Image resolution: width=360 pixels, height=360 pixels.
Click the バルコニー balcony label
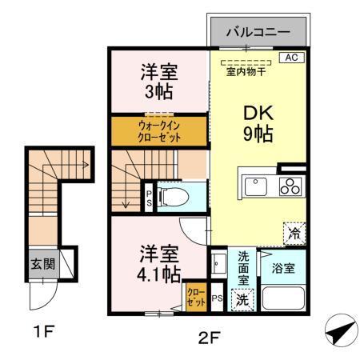257,32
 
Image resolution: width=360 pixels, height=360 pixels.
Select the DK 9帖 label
258,122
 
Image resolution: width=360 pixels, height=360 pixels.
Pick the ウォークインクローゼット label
158,131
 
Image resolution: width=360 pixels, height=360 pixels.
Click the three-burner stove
288,186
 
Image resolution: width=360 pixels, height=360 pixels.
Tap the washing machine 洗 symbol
242,299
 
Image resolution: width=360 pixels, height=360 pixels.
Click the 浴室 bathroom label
282,267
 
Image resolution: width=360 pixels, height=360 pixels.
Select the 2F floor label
208,336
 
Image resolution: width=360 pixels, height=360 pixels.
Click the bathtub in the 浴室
283,303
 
